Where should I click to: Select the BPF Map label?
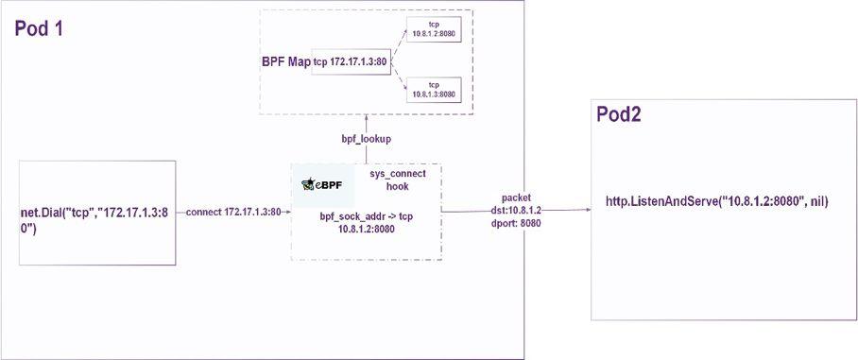285,62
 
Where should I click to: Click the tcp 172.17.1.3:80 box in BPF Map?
349,63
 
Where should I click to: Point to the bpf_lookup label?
367,139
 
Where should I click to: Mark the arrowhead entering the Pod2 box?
588,211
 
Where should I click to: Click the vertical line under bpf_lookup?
367,154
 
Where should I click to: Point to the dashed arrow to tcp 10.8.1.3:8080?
395,79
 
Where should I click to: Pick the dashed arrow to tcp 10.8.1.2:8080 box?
395,46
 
